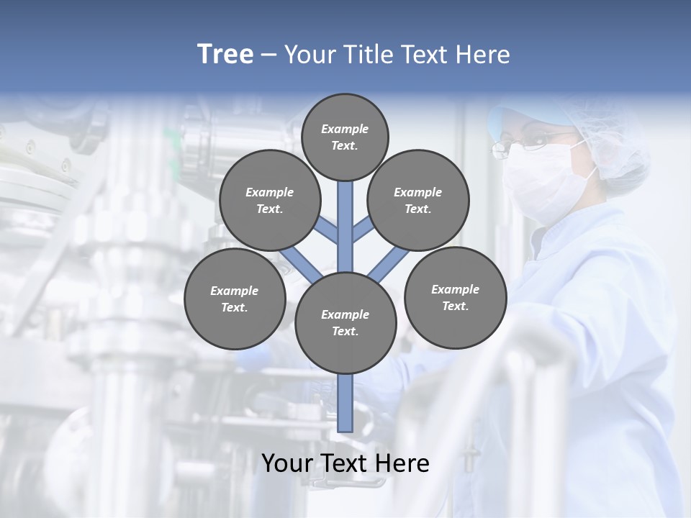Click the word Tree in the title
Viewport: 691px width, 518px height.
(225, 55)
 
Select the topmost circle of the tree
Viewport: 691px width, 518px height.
(345, 137)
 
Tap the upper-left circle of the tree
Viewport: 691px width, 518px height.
(269, 200)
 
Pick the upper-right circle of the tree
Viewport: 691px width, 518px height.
(418, 200)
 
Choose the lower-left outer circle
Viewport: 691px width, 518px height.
(235, 299)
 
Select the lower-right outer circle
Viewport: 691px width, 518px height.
(455, 297)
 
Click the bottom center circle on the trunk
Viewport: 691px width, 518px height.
(345, 323)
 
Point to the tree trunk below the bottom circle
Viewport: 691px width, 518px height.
(345, 403)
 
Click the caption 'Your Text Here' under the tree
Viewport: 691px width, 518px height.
(345, 463)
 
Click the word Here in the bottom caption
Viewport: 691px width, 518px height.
(400, 463)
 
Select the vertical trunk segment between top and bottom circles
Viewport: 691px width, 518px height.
(345, 227)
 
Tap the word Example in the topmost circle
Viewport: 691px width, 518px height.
(345, 129)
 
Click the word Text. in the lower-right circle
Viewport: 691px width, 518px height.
(455, 306)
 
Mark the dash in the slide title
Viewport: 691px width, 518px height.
(268, 55)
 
